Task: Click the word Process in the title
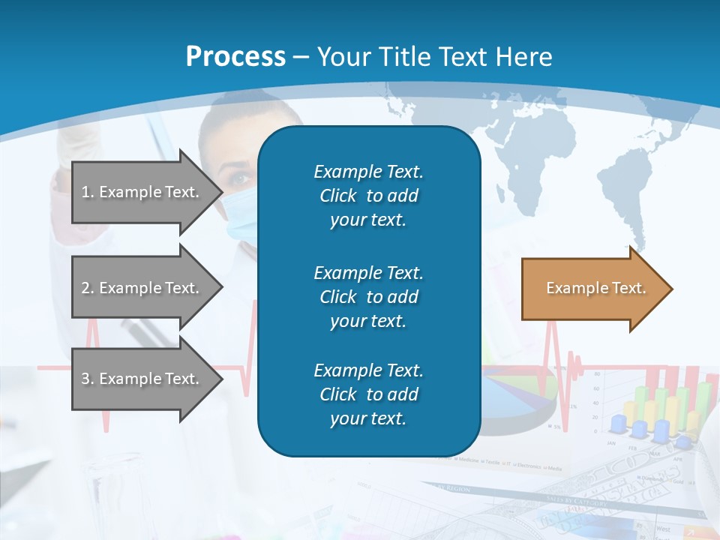(x=235, y=57)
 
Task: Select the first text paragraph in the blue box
(x=368, y=196)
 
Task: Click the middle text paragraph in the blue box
(x=368, y=297)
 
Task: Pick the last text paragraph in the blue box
(x=368, y=394)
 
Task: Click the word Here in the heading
(x=526, y=57)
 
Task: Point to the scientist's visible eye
(x=240, y=178)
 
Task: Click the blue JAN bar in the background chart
(x=618, y=424)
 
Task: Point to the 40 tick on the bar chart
(x=596, y=403)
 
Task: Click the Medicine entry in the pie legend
(x=468, y=459)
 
